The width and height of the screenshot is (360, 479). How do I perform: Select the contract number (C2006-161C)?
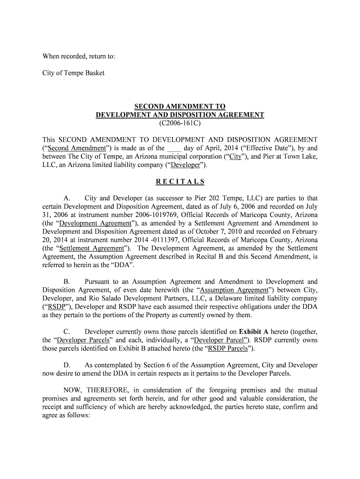pos(180,123)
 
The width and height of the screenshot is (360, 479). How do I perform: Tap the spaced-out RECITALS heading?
pos(180,181)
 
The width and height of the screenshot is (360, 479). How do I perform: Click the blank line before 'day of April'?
pos(174,148)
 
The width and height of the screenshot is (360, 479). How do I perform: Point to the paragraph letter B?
pos(66,282)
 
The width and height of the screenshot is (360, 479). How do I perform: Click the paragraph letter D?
pos(66,365)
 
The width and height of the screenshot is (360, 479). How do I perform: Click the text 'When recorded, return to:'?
pos(79,57)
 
